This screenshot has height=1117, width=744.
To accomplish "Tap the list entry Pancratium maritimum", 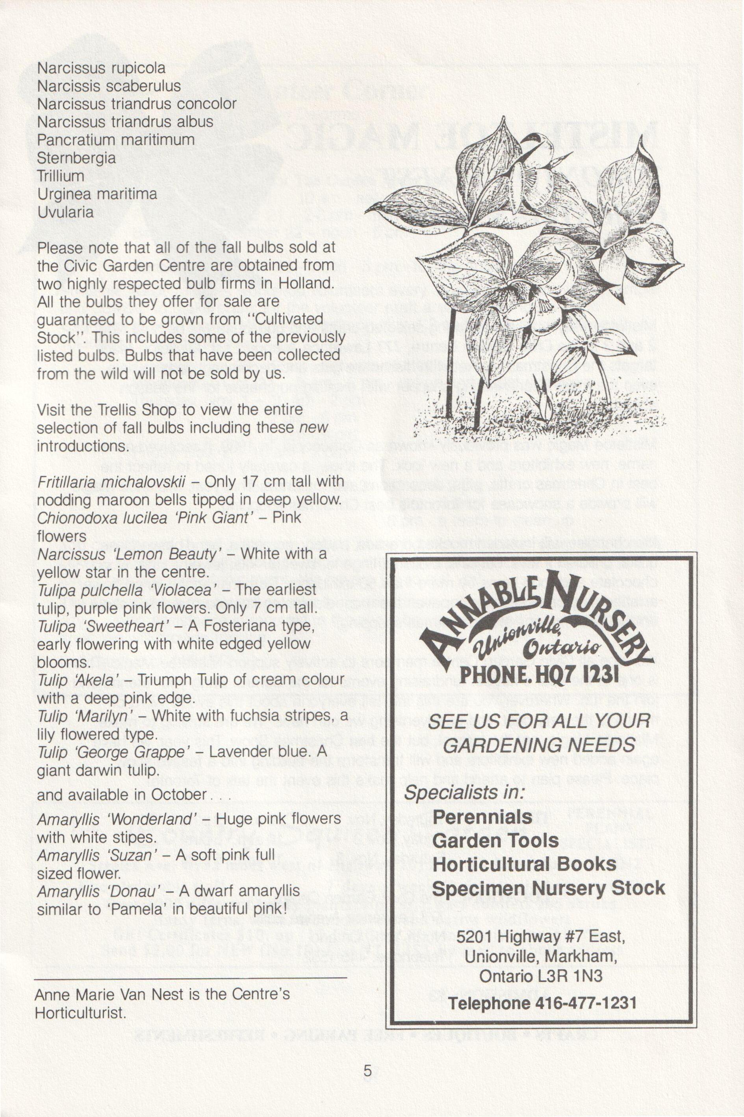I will [x=116, y=140].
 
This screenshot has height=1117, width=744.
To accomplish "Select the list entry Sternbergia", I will [x=76, y=158].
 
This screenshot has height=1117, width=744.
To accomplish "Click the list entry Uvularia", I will [x=65, y=212].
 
